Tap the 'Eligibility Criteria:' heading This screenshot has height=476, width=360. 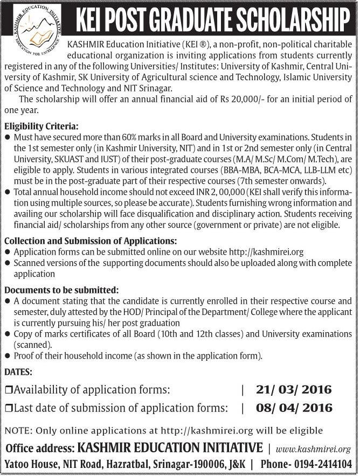tap(41, 127)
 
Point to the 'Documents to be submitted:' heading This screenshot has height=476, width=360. tap(61, 290)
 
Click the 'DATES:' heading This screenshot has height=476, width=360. tap(18, 372)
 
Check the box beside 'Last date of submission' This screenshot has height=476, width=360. tap(8, 409)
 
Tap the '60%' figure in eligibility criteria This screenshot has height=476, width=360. tap(110, 138)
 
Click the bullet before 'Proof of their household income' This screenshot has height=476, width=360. tap(7, 356)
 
